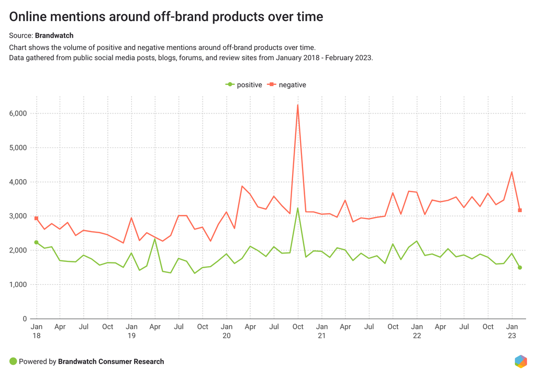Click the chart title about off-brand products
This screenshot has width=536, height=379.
pyautogui.click(x=166, y=17)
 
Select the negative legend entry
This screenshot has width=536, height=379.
pyautogui.click(x=287, y=85)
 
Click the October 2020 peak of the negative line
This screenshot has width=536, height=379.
pyautogui.click(x=298, y=105)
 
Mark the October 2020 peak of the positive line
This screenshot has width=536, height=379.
pyautogui.click(x=298, y=209)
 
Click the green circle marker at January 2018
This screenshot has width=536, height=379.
pyautogui.click(x=36, y=243)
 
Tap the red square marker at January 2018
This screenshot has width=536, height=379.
pyautogui.click(x=36, y=219)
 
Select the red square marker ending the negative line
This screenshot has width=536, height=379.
pyautogui.click(x=520, y=210)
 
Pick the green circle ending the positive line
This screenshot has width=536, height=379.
pyautogui.click(x=520, y=268)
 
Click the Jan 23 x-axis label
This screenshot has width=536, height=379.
pyautogui.click(x=512, y=331)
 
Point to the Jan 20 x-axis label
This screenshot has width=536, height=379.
pyautogui.click(x=227, y=331)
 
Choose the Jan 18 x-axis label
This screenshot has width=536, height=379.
pyautogui.click(x=36, y=331)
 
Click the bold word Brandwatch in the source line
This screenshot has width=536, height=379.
pyautogui.click(x=54, y=36)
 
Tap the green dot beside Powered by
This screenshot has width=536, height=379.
pyautogui.click(x=13, y=362)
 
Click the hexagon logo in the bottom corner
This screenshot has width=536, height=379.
pyautogui.click(x=520, y=361)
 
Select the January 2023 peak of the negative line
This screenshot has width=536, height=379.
pyautogui.click(x=512, y=172)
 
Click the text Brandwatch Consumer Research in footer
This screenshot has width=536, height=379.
pyautogui.click(x=111, y=362)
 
